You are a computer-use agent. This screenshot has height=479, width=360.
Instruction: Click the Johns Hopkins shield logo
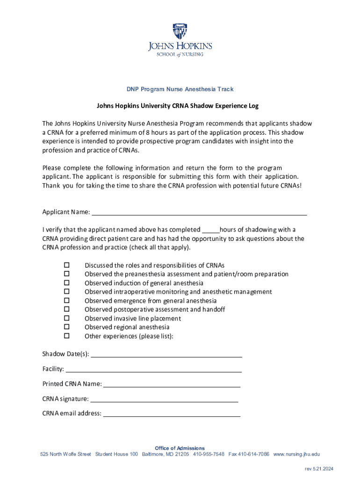click(x=180, y=31)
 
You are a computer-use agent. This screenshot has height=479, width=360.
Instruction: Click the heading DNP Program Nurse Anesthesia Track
click(x=180, y=89)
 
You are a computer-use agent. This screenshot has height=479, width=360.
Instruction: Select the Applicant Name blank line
click(x=199, y=213)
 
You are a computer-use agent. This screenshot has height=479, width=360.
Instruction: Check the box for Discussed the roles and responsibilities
click(x=66, y=265)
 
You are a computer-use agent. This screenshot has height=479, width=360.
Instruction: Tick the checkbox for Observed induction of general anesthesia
click(x=66, y=283)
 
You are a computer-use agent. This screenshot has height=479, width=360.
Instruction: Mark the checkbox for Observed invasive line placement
click(x=66, y=319)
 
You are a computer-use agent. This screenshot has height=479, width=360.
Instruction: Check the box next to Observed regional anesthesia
click(x=66, y=327)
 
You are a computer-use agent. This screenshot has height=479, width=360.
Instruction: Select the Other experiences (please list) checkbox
click(x=66, y=336)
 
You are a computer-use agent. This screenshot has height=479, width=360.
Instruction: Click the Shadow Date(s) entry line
click(x=166, y=356)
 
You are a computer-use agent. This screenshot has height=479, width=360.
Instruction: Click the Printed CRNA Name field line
click(x=171, y=386)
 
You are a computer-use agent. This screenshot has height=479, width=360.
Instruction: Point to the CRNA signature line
click(x=164, y=401)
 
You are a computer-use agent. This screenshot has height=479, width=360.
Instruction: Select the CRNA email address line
click(x=171, y=415)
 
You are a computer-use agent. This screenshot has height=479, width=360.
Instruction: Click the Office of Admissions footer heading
click(x=180, y=448)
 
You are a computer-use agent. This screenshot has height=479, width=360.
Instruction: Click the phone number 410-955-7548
click(x=209, y=454)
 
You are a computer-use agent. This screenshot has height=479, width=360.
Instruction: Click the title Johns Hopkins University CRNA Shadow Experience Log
click(x=178, y=106)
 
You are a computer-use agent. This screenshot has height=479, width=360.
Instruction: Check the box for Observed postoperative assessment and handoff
click(x=66, y=310)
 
